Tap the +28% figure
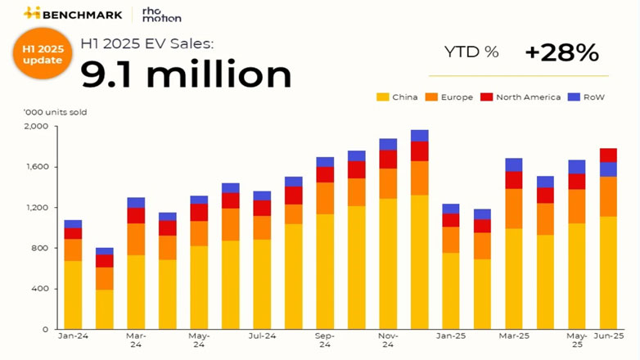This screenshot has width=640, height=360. click(561, 53)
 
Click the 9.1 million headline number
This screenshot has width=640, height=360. click(185, 74)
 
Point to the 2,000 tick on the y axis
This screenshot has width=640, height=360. click(38, 127)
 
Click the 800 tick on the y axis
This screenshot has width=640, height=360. click(41, 248)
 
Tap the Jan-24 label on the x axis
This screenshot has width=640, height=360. click(73, 335)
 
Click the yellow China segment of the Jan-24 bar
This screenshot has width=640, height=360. click(73, 295)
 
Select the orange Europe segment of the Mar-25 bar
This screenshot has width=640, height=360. click(513, 209)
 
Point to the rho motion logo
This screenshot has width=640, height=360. click(161, 14)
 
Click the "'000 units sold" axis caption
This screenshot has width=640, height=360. click(56, 112)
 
